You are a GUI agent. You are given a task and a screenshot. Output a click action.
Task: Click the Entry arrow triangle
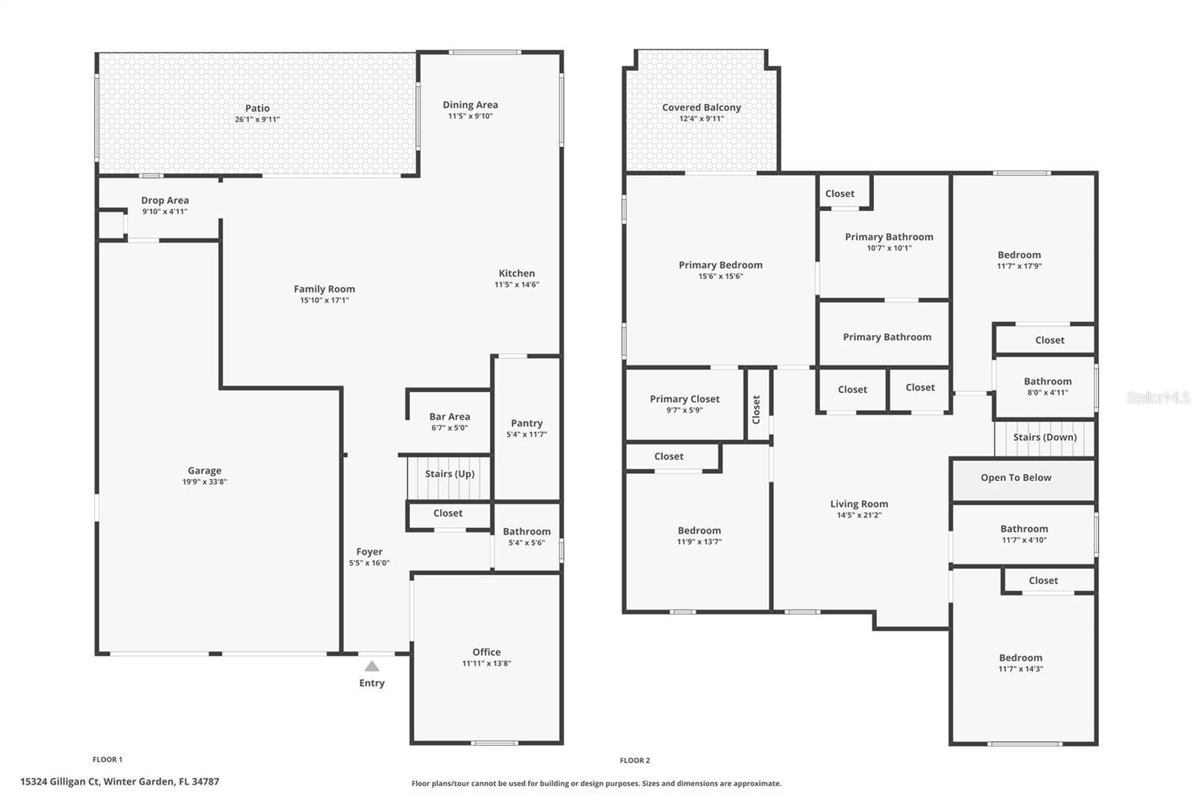pyautogui.click(x=371, y=666)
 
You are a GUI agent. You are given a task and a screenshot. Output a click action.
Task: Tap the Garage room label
pyautogui.click(x=204, y=471)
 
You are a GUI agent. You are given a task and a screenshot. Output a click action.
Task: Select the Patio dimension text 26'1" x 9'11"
pyautogui.click(x=257, y=119)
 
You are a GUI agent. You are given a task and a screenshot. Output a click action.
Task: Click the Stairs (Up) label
pyautogui.click(x=450, y=474)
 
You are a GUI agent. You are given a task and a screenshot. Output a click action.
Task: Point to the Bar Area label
pyautogui.click(x=450, y=417)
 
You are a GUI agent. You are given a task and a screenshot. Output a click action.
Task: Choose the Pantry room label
pyautogui.click(x=526, y=423)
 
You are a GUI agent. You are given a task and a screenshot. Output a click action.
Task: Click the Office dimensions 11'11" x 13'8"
pyautogui.click(x=486, y=663)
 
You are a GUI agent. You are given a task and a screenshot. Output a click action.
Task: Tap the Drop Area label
pyautogui.click(x=165, y=200)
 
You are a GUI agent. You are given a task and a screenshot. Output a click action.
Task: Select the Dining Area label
pyautogui.click(x=470, y=105)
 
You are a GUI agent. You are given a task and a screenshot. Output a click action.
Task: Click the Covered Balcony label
pyautogui.click(x=701, y=107)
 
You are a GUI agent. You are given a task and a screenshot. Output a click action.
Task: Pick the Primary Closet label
pyautogui.click(x=684, y=399)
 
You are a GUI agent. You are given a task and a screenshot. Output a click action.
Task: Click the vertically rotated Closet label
pyautogui.click(x=756, y=409)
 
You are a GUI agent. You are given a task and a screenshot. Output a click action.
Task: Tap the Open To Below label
pyautogui.click(x=1016, y=477)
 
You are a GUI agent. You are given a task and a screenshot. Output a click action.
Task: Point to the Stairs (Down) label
pyautogui.click(x=1045, y=437)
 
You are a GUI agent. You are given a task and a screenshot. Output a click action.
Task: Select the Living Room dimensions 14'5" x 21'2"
pyautogui.click(x=858, y=515)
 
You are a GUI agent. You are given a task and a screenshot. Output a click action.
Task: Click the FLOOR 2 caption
pyautogui.click(x=635, y=760)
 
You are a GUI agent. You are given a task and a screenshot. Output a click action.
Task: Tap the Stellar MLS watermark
pyautogui.click(x=1157, y=397)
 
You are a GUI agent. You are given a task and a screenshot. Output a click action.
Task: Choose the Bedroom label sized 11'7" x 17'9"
pyautogui.click(x=1019, y=255)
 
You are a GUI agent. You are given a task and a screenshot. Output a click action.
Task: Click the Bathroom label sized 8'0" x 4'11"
pyautogui.click(x=1047, y=381)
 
